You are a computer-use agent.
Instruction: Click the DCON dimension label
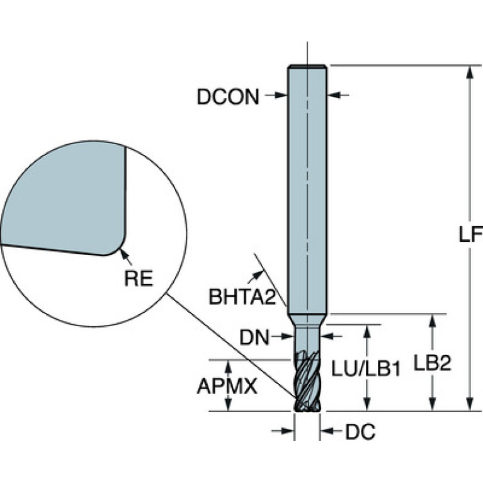point(228,97)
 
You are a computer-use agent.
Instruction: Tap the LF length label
point(470,235)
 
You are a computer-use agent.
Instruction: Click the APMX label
point(227,386)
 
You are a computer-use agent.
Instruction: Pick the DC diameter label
point(360,431)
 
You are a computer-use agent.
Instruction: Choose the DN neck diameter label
point(254,338)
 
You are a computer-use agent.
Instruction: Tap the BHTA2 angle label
point(242,297)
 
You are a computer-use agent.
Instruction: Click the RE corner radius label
point(139,278)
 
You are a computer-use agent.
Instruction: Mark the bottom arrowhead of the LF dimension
point(470,404)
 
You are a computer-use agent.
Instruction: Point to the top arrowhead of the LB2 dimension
point(433,321)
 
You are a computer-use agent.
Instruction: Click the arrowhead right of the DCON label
point(281,95)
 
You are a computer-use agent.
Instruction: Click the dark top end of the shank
point(307,66)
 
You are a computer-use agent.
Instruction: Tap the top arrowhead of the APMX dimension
point(228,367)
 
